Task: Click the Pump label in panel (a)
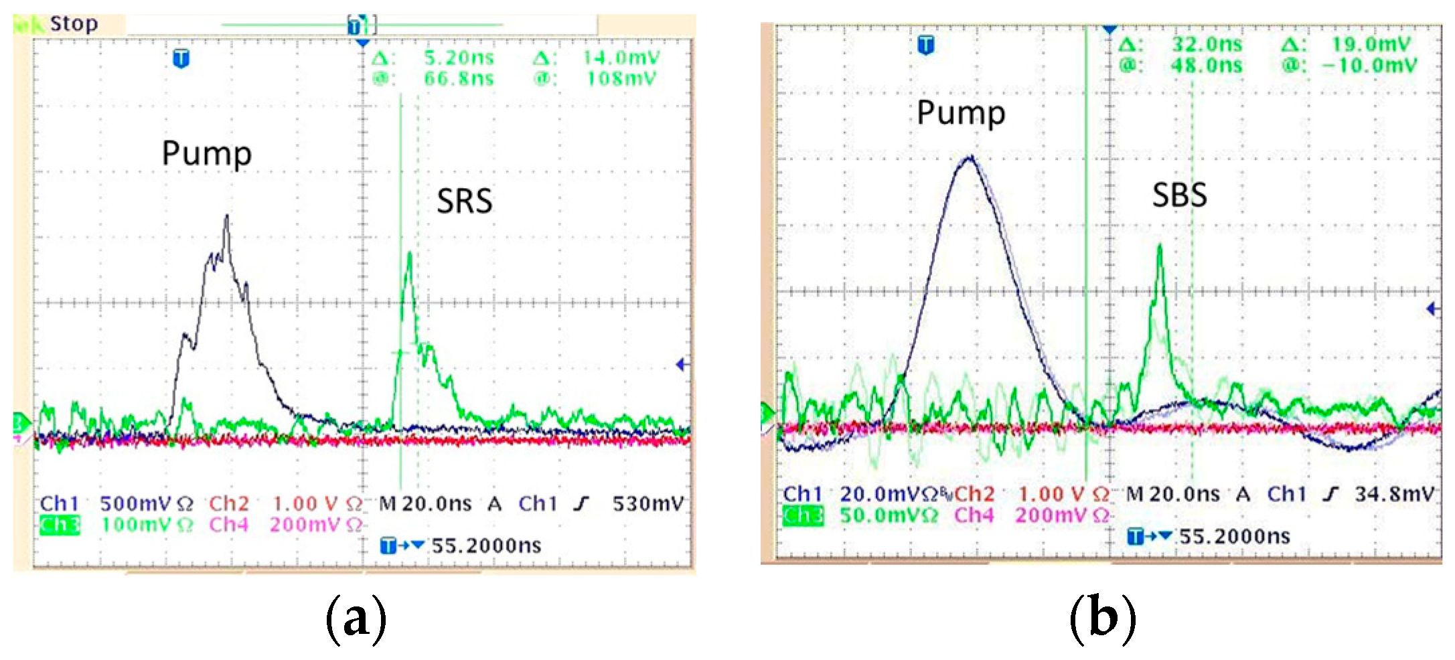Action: [206, 155]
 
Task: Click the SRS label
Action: [464, 201]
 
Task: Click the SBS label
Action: [1179, 195]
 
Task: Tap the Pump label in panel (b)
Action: [960, 113]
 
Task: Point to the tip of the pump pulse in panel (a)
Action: [227, 216]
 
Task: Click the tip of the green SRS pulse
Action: [409, 253]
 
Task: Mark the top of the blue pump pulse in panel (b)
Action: [969, 157]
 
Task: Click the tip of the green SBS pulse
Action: [1160, 246]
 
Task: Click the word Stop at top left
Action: [74, 24]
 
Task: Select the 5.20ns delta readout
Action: [459, 58]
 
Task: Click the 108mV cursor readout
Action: [621, 79]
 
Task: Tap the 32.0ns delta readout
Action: [1206, 45]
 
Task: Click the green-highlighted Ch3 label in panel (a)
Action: [60, 525]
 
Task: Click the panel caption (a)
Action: [356, 619]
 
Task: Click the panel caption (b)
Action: [1102, 619]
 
